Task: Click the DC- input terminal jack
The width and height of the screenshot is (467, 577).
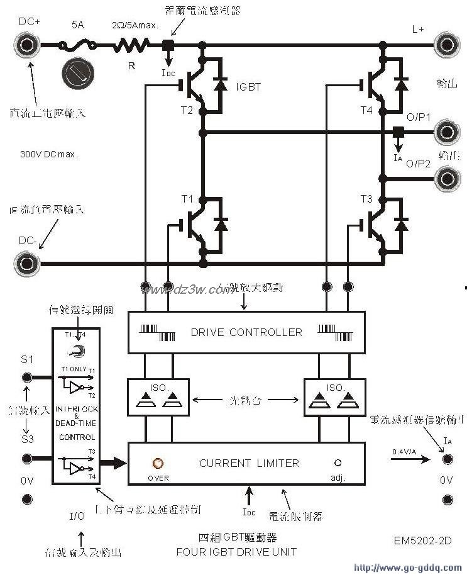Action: pyautogui.click(x=27, y=262)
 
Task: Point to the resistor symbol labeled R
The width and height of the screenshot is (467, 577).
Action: pyautogui.click(x=131, y=45)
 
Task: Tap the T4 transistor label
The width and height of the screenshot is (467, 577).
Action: pyautogui.click(x=367, y=111)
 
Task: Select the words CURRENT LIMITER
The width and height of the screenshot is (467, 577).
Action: pyautogui.click(x=249, y=463)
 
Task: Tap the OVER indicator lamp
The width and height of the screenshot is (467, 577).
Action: pyautogui.click(x=158, y=464)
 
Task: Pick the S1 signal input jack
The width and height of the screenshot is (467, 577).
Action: pyautogui.click(x=27, y=378)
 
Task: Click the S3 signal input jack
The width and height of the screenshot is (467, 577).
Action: pyautogui.click(x=27, y=459)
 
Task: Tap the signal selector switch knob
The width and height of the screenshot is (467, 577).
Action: pyautogui.click(x=76, y=351)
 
